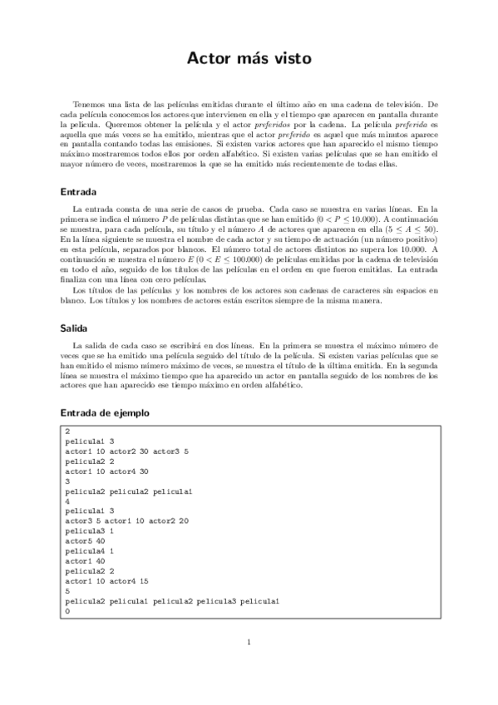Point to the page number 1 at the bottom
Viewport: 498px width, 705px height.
(249, 641)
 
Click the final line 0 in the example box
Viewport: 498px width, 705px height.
(67, 609)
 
